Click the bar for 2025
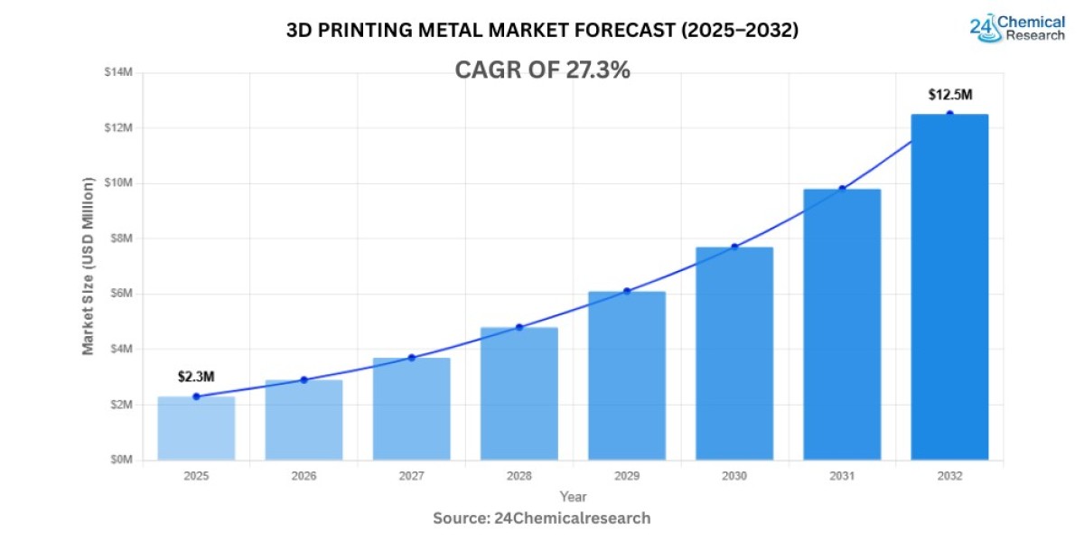(196, 428)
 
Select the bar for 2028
(519, 394)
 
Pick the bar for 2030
(734, 353)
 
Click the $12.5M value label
(949, 95)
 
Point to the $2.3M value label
(196, 377)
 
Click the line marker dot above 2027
(412, 358)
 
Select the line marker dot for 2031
(842, 188)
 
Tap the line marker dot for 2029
(627, 291)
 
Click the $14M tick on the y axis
(119, 72)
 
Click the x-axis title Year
(573, 496)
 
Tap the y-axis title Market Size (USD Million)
(89, 266)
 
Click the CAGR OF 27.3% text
(542, 70)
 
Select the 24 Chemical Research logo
(1016, 27)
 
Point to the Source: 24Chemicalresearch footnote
(542, 518)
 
